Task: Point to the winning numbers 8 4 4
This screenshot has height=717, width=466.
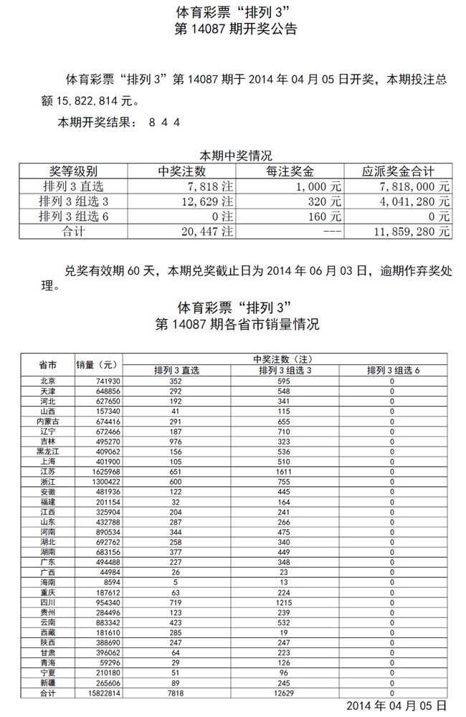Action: point(165,123)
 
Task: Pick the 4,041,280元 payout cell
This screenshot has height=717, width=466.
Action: point(414,201)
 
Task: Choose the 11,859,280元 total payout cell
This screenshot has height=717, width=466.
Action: point(412,232)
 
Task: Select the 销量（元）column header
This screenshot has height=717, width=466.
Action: point(95,365)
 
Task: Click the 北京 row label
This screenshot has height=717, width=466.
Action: point(47,381)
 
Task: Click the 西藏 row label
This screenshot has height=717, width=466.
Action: point(47,632)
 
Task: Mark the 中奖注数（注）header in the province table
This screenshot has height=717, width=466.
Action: point(285,358)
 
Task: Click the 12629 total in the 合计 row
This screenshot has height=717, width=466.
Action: point(285,693)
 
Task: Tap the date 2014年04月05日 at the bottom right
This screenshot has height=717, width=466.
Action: point(396,706)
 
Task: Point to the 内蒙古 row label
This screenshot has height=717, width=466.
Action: point(47,422)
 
